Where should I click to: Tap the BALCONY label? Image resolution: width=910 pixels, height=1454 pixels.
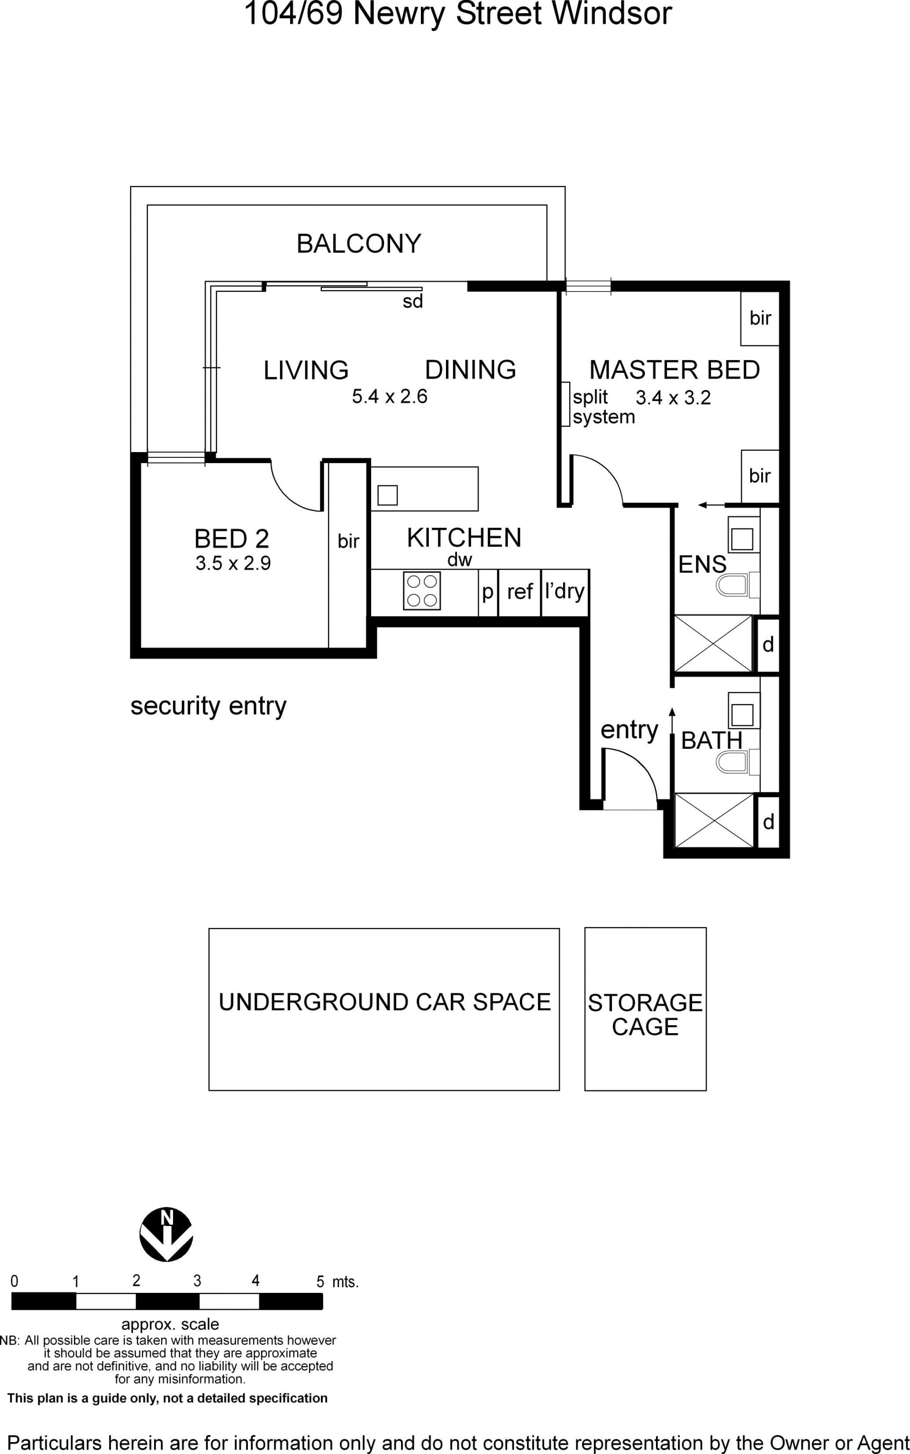click(x=359, y=244)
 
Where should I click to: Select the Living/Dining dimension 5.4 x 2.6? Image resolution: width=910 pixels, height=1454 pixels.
click(x=390, y=397)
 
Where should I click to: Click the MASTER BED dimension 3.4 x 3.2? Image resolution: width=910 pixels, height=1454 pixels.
click(x=673, y=398)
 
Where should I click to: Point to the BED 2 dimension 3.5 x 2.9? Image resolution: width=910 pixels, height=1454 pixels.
click(x=233, y=563)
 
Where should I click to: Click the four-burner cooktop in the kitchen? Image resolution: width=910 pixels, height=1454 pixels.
click(x=422, y=591)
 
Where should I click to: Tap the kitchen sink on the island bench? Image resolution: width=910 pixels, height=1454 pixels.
click(x=388, y=495)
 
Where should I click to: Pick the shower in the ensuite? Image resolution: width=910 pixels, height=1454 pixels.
click(x=713, y=643)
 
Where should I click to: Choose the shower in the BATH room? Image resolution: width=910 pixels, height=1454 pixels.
click(x=714, y=820)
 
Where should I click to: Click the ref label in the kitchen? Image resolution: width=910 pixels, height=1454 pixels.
click(x=520, y=591)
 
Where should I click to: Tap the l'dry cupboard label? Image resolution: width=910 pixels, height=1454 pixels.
click(x=564, y=591)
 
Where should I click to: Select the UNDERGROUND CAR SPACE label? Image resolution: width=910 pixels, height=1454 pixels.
click(x=384, y=1002)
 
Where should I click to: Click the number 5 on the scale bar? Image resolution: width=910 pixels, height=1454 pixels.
click(x=320, y=1282)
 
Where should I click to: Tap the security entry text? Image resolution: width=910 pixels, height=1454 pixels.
click(x=208, y=706)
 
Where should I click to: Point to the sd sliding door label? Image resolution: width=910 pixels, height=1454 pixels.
click(x=413, y=301)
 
